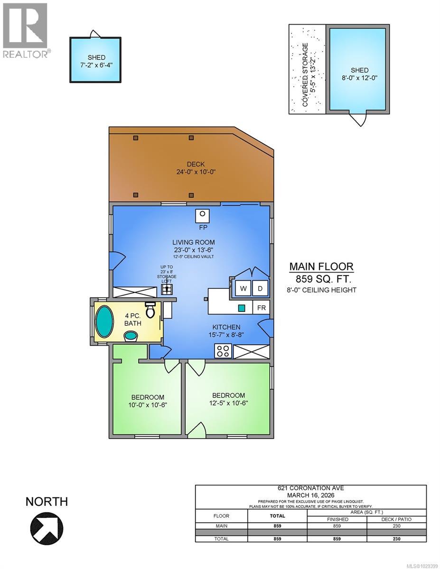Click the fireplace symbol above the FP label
[202, 215]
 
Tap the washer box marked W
[243, 288]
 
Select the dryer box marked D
[260, 288]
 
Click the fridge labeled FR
[262, 307]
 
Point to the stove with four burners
[223, 351]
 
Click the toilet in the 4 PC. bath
[151, 310]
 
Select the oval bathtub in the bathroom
[104, 321]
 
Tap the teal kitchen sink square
[242, 308]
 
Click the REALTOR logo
[25, 30]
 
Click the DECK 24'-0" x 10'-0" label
[192, 168]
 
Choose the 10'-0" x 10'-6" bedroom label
[148, 405]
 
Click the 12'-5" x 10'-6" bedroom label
[228, 403]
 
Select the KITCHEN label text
[226, 327]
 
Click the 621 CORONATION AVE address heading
[317, 489]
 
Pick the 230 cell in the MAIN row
[396, 526]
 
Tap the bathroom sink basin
[131, 336]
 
